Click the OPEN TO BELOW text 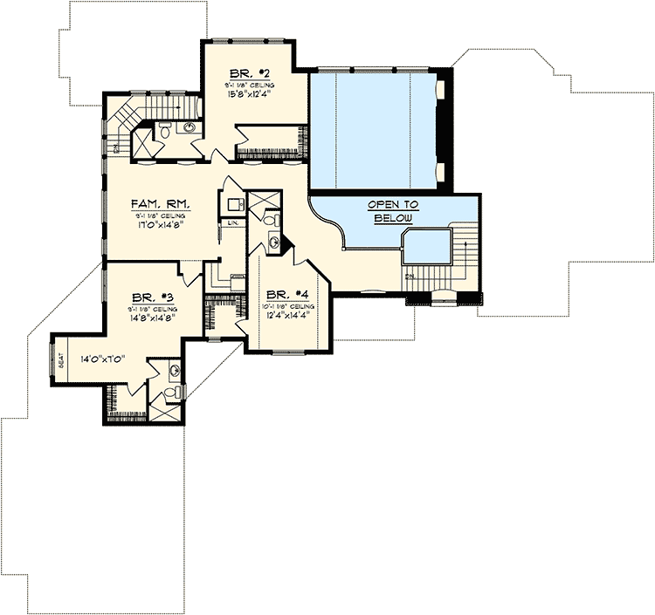point(394,210)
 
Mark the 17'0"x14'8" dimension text point(162,225)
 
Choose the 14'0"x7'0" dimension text point(105,359)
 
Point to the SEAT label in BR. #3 point(61,359)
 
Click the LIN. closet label point(232,223)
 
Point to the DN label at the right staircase point(409,277)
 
